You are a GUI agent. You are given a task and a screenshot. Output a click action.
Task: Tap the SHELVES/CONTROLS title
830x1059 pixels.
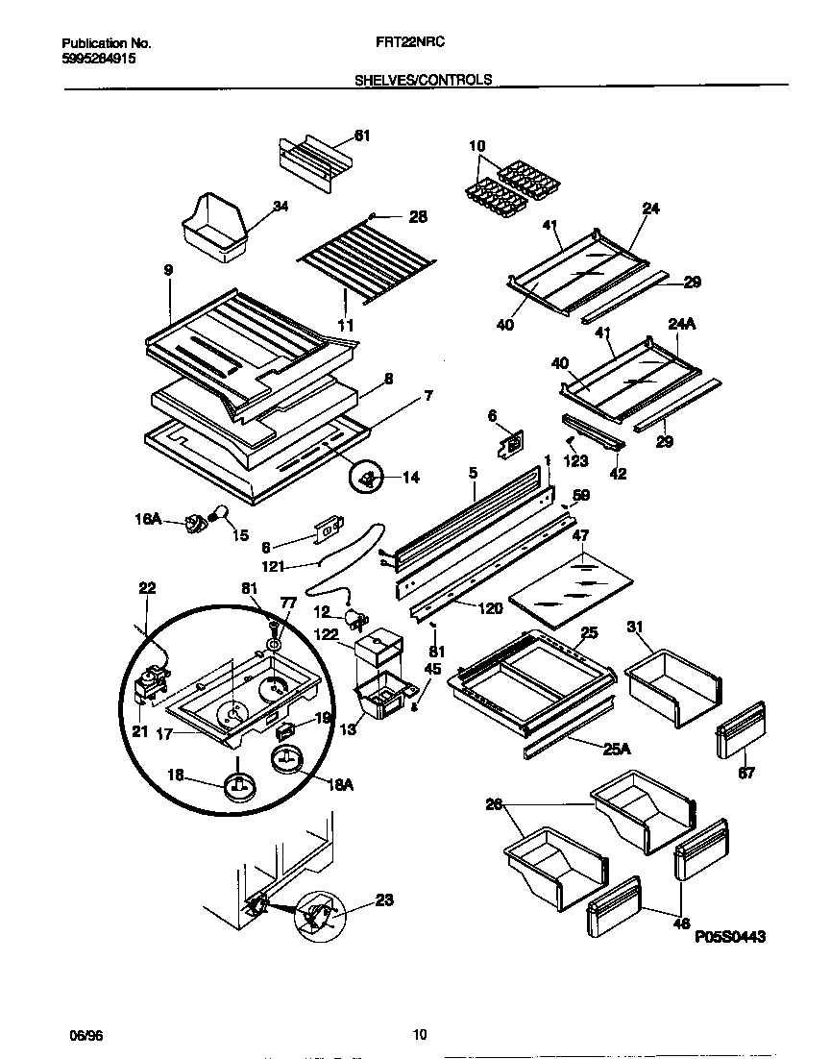tap(424, 81)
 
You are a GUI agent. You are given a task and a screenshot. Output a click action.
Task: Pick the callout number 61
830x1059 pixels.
tap(361, 135)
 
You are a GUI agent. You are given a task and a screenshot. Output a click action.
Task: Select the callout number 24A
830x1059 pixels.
tap(681, 325)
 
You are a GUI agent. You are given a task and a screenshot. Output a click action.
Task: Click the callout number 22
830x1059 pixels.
tap(147, 587)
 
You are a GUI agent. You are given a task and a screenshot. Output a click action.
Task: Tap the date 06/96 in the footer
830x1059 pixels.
tap(85, 1034)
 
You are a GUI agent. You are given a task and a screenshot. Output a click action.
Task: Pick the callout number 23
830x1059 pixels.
tap(384, 900)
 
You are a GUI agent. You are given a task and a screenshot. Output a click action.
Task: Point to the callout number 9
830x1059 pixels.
tap(168, 272)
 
